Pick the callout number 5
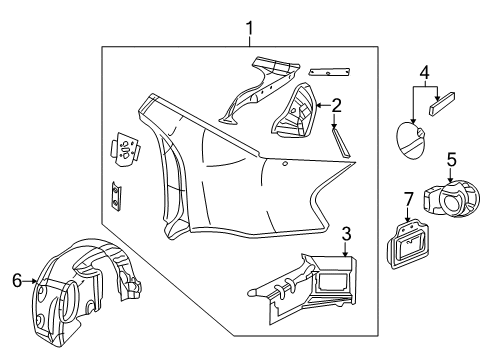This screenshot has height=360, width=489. click(x=451, y=158)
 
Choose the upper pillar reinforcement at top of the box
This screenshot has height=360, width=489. click(x=255, y=85)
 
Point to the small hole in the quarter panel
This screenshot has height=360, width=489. click(x=286, y=163)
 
